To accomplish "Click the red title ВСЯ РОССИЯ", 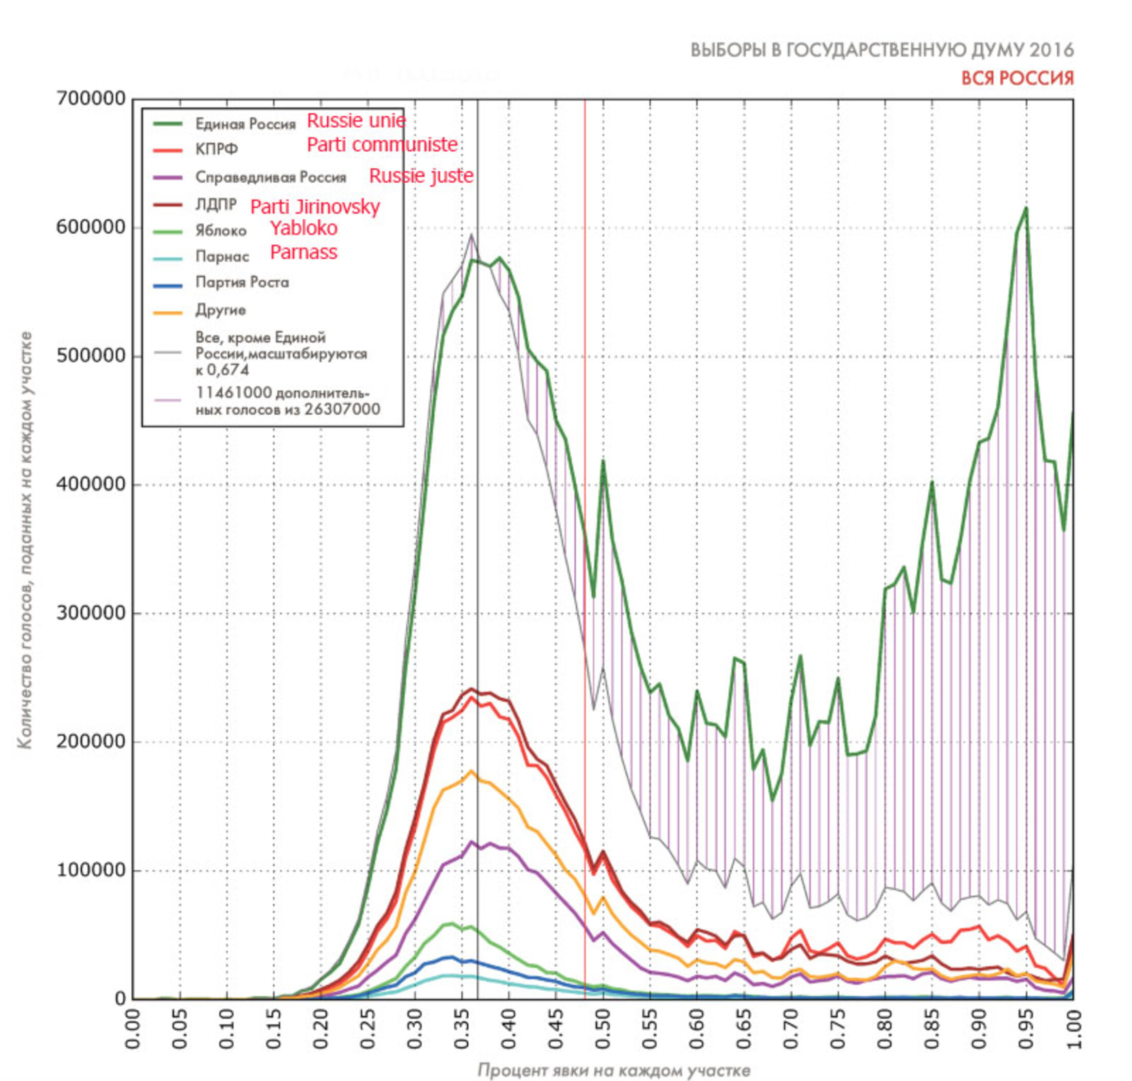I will (x=1017, y=78).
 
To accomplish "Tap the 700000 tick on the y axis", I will (x=91, y=99).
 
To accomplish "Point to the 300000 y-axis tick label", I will (x=91, y=612).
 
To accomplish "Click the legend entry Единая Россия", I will (x=245, y=124).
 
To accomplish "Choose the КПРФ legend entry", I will (x=217, y=150).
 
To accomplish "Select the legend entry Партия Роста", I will (x=242, y=282).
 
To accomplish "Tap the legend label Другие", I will (x=221, y=310).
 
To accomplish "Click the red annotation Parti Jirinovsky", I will (x=315, y=206).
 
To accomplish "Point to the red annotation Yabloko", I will (x=304, y=228).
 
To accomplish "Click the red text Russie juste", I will (x=421, y=176).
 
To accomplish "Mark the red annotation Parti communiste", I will (x=382, y=145).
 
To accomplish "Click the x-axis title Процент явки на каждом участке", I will (x=614, y=1070).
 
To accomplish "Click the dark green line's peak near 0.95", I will (x=1026, y=208).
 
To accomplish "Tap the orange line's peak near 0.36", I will (x=471, y=771).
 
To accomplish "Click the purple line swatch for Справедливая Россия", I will (x=168, y=178).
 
